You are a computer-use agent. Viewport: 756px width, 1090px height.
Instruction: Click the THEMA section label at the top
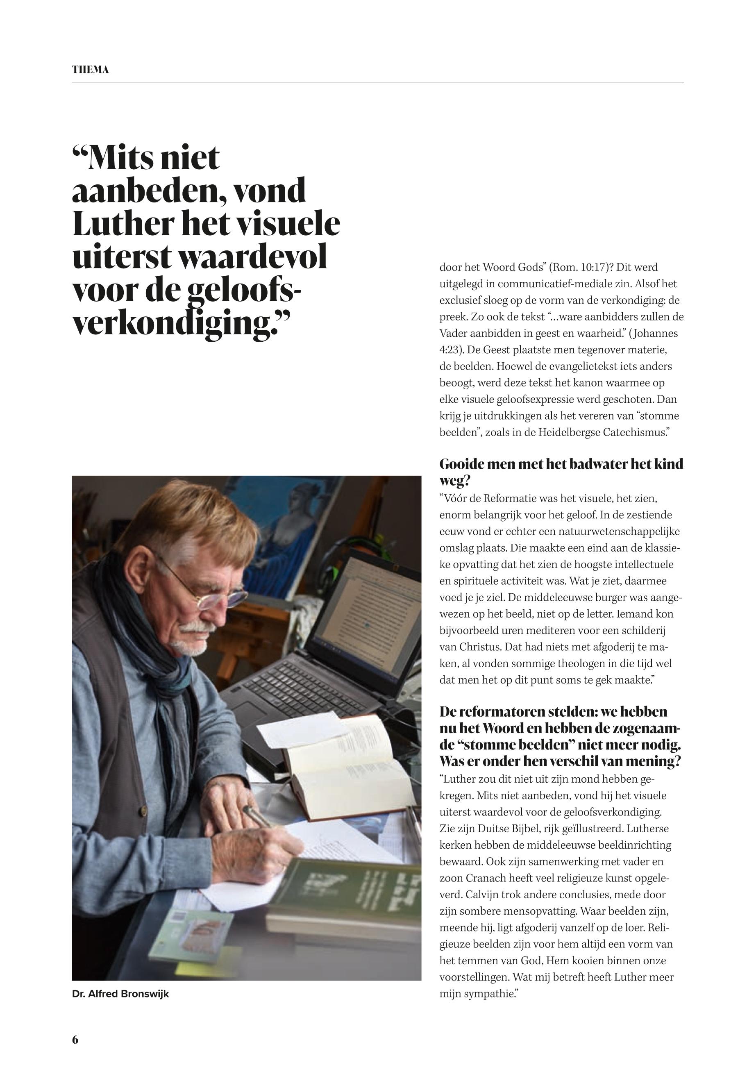coord(91,70)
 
